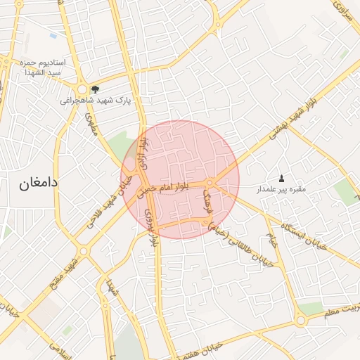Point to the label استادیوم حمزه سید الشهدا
pos(42,67)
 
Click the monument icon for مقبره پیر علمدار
pos(282,178)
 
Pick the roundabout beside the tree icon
pos(82,89)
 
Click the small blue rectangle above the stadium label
pos(53,34)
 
